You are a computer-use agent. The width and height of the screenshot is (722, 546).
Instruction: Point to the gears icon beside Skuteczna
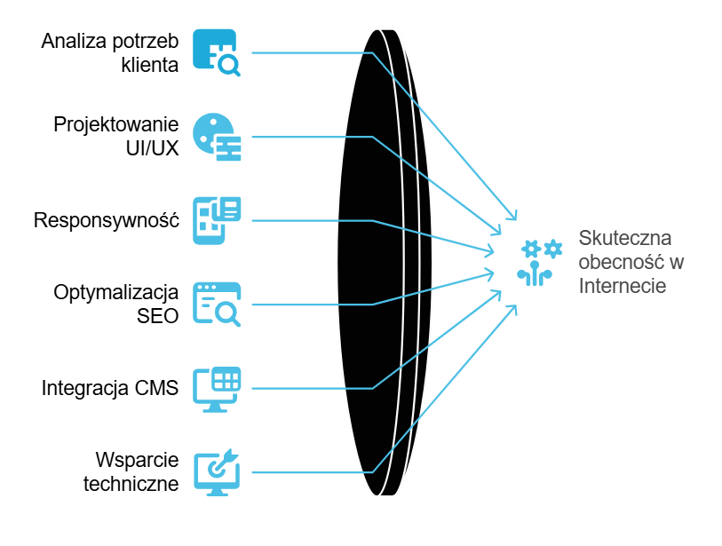pos(541,262)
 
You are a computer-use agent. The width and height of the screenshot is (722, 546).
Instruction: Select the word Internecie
pos(622,286)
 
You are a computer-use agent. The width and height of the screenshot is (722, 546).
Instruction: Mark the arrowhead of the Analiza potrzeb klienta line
pos(512,216)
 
